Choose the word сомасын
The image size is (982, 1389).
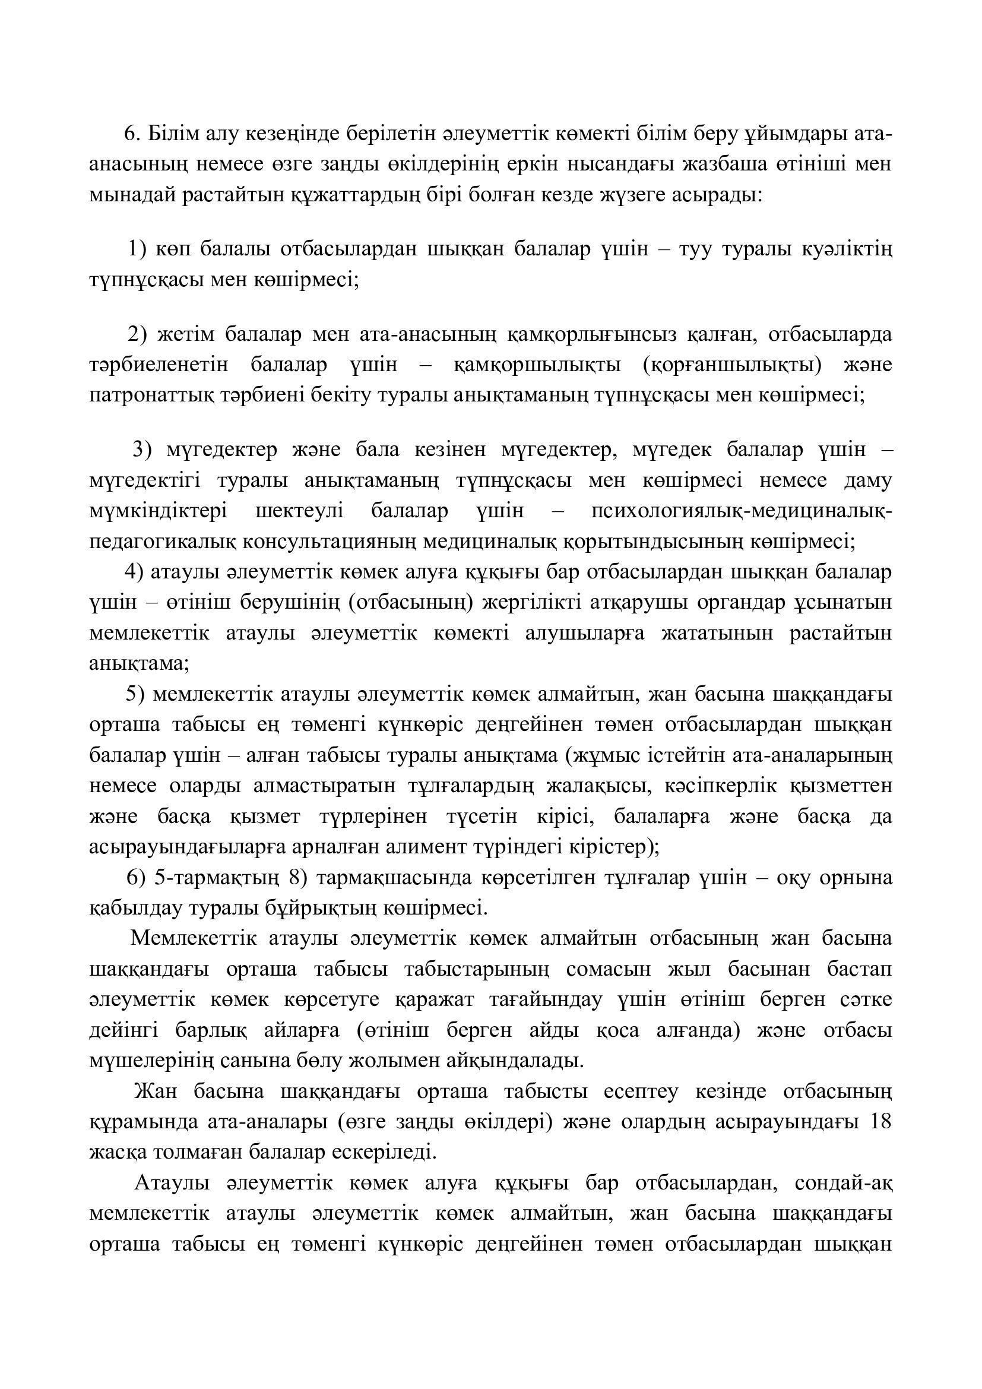click(x=609, y=969)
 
